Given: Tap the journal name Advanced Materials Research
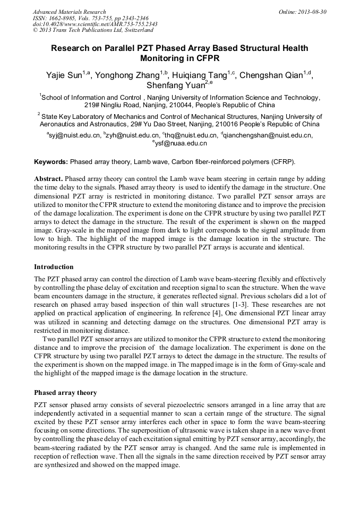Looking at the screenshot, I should [x=69, y=12].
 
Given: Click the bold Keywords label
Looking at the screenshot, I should [x=51, y=162].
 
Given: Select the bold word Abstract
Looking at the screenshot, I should [x=49, y=179].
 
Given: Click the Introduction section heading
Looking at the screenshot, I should [x=54, y=266].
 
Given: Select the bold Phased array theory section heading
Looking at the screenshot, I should [x=65, y=393].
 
